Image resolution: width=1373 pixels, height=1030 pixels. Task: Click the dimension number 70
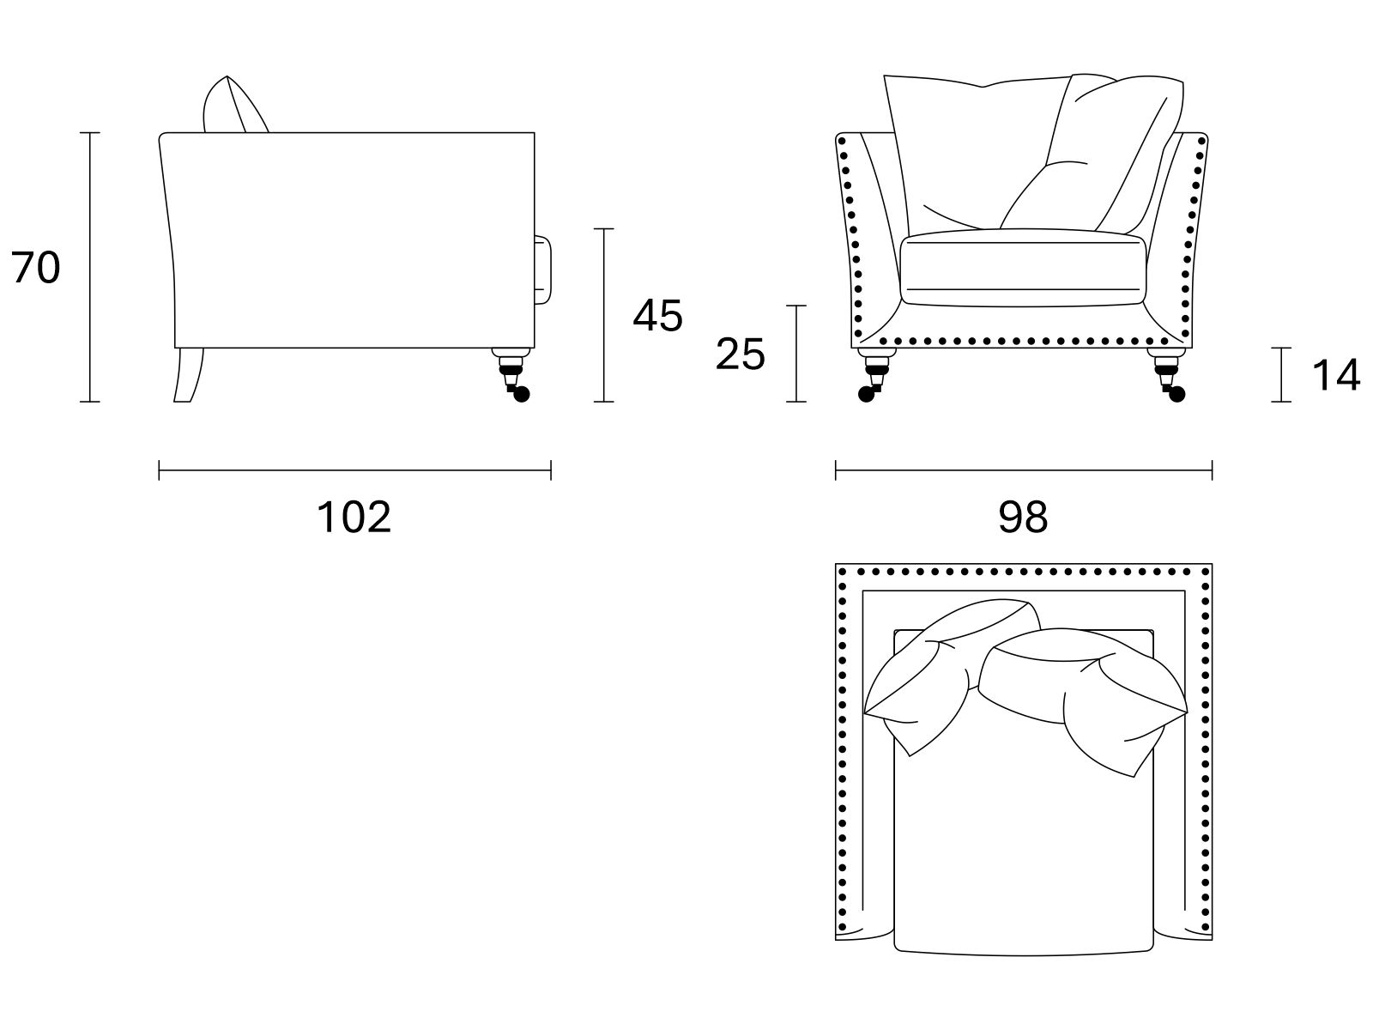pyautogui.click(x=36, y=267)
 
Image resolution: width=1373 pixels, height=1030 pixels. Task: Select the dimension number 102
pyautogui.click(x=354, y=517)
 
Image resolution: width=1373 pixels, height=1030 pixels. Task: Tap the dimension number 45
pyautogui.click(x=657, y=315)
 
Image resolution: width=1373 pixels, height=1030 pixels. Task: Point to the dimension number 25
pyautogui.click(x=740, y=354)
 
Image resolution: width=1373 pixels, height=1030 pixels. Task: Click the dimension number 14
pyautogui.click(x=1335, y=374)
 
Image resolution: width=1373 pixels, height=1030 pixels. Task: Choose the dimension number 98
pyautogui.click(x=1023, y=517)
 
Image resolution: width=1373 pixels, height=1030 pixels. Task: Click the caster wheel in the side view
pyautogui.click(x=520, y=394)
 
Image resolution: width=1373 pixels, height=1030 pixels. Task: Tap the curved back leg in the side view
pyautogui.click(x=188, y=374)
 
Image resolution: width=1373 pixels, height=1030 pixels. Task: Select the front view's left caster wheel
pyautogui.click(x=867, y=394)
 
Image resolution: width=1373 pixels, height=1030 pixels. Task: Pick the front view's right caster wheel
pyautogui.click(x=1176, y=394)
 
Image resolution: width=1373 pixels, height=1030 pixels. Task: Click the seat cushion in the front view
pyautogui.click(x=1023, y=268)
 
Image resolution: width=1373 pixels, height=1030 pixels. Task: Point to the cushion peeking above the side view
pyautogui.click(x=234, y=105)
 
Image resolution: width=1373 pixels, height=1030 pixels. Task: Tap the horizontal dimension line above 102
pyautogui.click(x=354, y=470)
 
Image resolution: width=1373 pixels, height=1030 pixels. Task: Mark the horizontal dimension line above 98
pyautogui.click(x=1024, y=470)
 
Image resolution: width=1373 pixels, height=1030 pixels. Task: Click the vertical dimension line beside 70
pyautogui.click(x=89, y=267)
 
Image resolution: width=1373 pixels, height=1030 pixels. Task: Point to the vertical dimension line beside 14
pyautogui.click(x=1281, y=374)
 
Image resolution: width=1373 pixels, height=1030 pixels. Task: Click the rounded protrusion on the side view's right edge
pyautogui.click(x=542, y=270)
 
